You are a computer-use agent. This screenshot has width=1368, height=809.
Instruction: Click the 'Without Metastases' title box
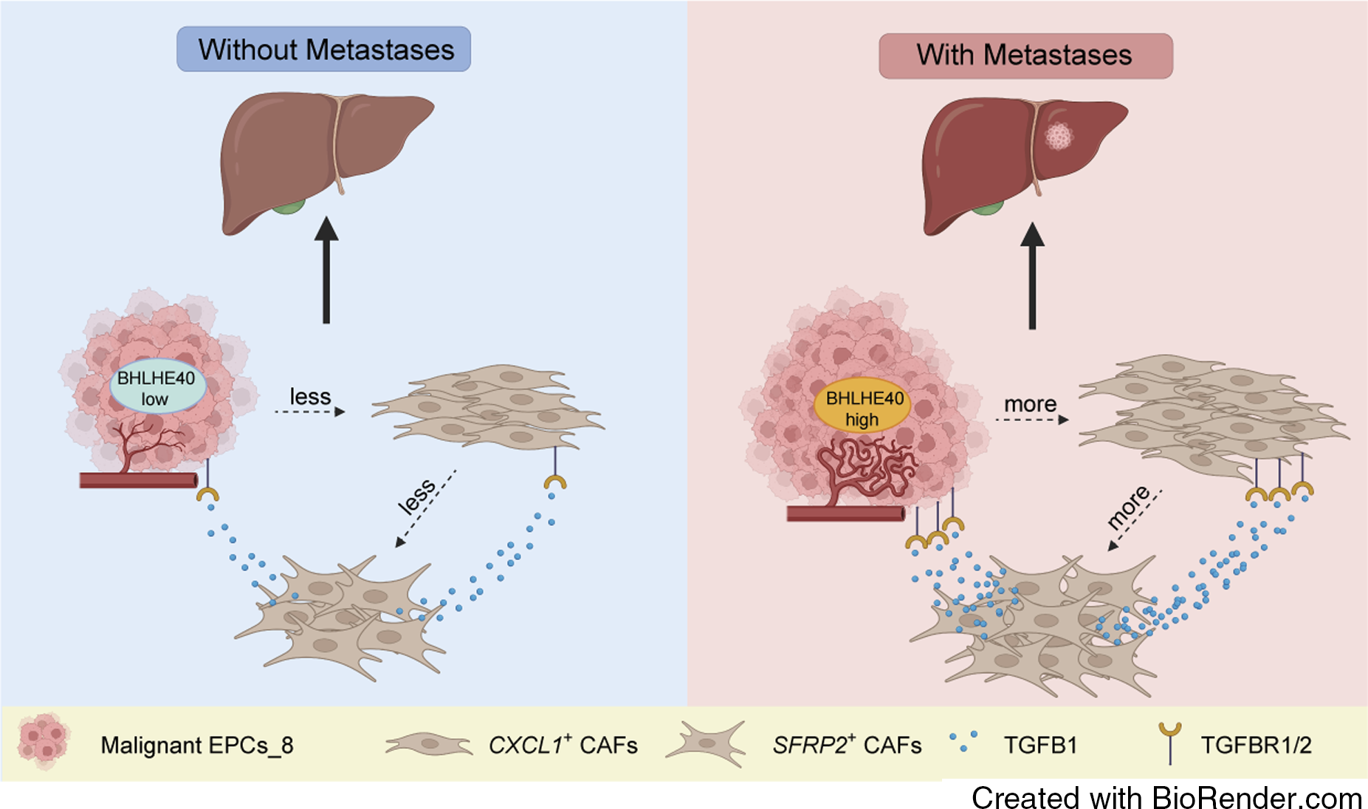[x=323, y=50]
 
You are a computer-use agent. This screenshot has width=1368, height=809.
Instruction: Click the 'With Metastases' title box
[x=1025, y=55]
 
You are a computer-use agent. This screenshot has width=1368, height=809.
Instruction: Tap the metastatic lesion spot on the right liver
[x=1059, y=136]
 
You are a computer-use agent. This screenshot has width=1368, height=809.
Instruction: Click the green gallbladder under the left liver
[x=288, y=206]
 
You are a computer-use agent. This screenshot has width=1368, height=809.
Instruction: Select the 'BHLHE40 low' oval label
[x=157, y=387]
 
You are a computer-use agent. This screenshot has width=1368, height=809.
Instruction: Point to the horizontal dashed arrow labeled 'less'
[x=310, y=412]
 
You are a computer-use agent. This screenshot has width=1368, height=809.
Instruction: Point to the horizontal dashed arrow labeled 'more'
[x=1031, y=420]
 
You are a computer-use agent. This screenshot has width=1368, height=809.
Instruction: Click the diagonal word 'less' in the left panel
[x=416, y=496]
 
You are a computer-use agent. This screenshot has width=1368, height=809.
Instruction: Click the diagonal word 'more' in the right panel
[x=1128, y=507]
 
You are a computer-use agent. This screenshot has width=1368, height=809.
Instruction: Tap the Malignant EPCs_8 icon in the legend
[x=44, y=742]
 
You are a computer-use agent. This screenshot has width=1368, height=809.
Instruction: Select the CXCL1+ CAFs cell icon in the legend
[x=428, y=744]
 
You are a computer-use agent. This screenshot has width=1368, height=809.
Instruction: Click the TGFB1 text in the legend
[x=1039, y=745]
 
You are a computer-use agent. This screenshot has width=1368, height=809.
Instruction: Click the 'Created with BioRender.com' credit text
[x=1166, y=798]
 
